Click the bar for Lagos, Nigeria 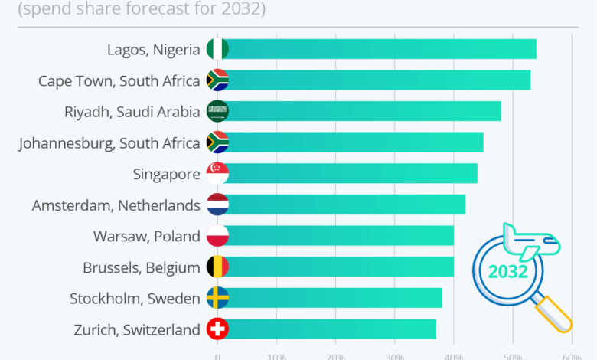(379, 48)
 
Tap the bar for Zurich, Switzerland (329, 329)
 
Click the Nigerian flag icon (217, 48)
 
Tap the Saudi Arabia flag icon (217, 111)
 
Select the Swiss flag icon (217, 329)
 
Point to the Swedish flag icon (217, 298)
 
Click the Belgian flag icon (217, 267)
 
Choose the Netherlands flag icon (217, 205)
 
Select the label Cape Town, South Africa (119, 80)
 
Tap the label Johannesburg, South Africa (109, 142)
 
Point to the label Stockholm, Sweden (135, 298)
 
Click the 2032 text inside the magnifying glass (507, 272)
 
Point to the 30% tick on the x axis (395, 356)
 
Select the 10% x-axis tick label (276, 356)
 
